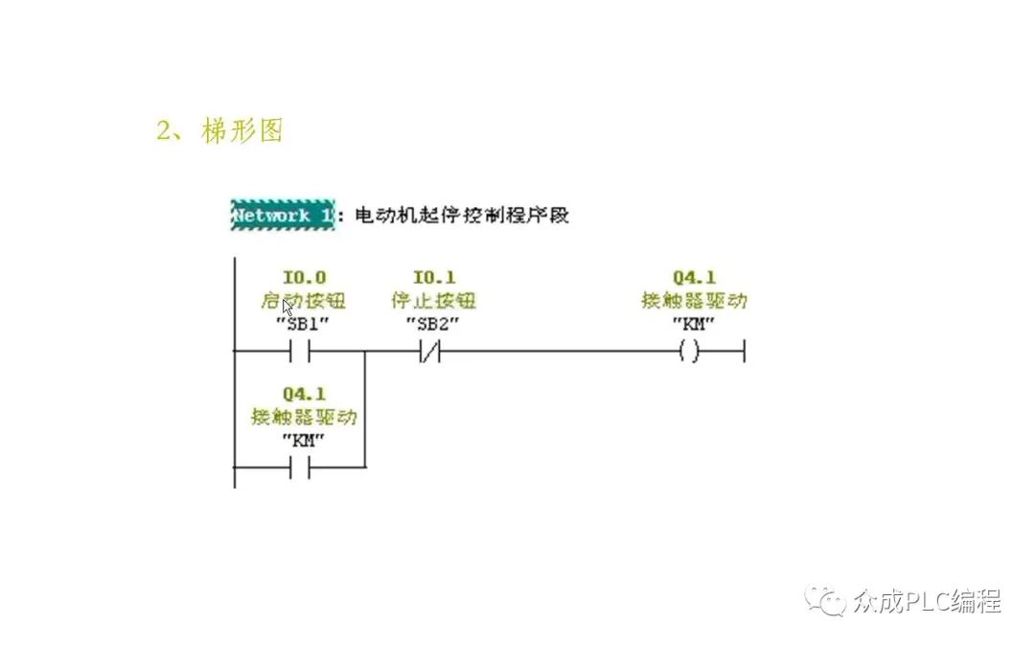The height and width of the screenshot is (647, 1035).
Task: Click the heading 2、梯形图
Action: (x=219, y=131)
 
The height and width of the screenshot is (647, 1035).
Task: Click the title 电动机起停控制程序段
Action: (x=462, y=216)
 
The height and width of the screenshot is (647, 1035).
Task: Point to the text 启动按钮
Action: (x=303, y=301)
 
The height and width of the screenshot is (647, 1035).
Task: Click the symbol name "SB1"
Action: (x=303, y=323)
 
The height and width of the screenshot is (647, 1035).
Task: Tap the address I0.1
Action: (x=433, y=279)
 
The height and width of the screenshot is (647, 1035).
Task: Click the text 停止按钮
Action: (x=433, y=301)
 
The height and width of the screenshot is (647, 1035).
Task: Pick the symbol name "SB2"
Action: (x=433, y=323)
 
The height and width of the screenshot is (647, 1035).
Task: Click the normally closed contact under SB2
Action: (x=429, y=352)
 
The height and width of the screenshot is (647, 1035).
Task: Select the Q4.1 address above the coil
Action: (x=694, y=279)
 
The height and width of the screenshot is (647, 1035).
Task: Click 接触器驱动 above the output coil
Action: (x=694, y=301)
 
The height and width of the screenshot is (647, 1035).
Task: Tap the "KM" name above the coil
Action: (x=694, y=323)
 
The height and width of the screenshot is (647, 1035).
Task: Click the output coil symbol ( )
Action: (x=688, y=352)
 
